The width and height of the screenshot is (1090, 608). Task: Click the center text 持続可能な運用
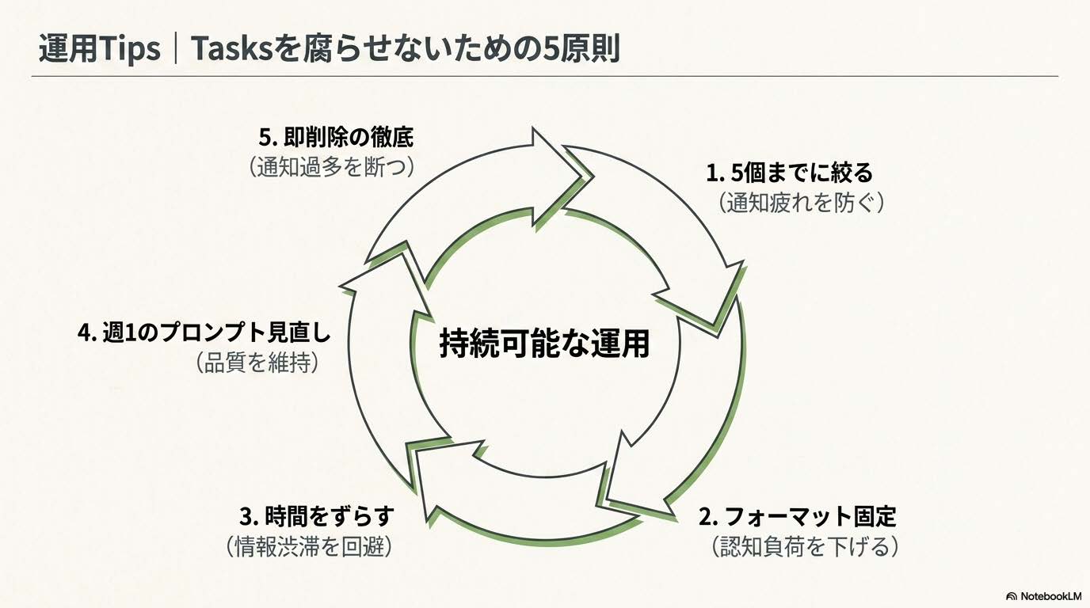[x=544, y=344]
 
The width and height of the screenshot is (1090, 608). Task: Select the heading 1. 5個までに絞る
[x=789, y=172]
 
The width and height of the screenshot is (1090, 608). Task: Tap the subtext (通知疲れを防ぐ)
[x=801, y=203]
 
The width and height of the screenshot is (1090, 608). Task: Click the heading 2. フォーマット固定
[x=797, y=517]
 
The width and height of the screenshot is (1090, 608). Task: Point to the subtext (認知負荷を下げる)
[x=804, y=546]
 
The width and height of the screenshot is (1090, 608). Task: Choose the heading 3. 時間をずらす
[x=316, y=517]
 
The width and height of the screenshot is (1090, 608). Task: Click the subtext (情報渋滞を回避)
[x=309, y=546]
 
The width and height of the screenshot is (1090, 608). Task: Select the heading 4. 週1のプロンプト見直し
[x=204, y=332]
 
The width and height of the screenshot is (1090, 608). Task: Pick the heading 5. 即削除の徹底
[x=336, y=137]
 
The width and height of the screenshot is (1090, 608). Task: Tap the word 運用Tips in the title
[x=99, y=49]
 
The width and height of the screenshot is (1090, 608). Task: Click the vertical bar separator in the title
[x=175, y=49]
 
